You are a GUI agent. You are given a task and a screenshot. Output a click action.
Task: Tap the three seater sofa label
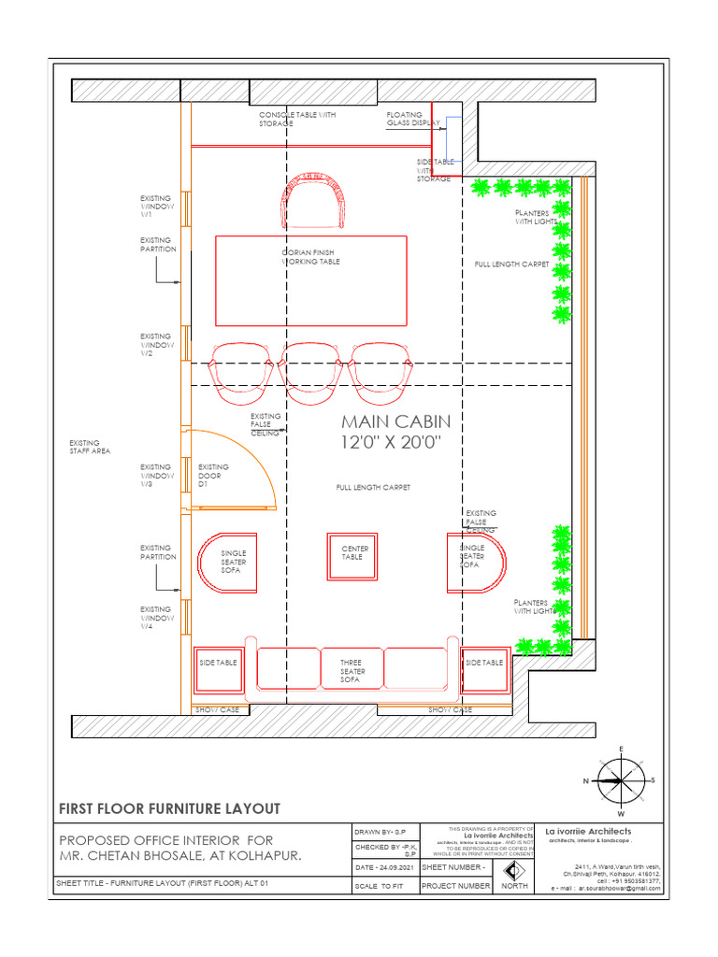pyautogui.click(x=352, y=671)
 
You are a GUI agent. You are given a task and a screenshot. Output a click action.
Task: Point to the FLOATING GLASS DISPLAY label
pyautogui.click(x=412, y=119)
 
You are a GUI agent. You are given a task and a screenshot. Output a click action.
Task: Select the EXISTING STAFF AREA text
pyautogui.click(x=91, y=448)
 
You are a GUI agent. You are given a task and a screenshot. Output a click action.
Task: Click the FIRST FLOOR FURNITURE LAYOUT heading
pyautogui.click(x=169, y=808)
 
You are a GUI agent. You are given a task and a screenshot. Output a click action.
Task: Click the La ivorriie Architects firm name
pyautogui.click(x=589, y=831)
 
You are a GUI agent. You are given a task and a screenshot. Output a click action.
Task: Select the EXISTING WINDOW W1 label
pyautogui.click(x=155, y=206)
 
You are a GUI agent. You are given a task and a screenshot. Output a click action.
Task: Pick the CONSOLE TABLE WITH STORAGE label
pyautogui.click(x=296, y=119)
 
